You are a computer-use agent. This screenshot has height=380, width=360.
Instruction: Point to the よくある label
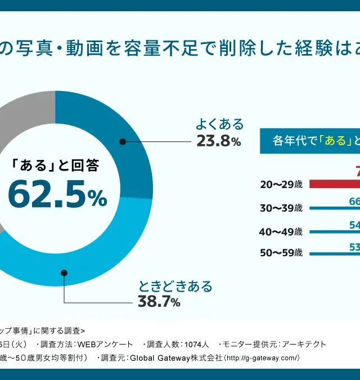tap(219, 124)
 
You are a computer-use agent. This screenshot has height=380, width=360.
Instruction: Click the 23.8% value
tap(219, 141)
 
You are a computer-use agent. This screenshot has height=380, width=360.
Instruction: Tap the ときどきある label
tap(176, 286)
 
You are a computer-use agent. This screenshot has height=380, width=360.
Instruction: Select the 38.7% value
tap(159, 302)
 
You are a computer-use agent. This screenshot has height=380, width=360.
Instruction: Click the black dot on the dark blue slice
tap(122, 141)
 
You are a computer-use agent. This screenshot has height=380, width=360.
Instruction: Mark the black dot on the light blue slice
tap(64, 272)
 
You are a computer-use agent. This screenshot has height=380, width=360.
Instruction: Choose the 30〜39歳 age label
tap(281, 208)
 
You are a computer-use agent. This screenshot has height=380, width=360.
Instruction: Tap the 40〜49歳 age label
tap(281, 231)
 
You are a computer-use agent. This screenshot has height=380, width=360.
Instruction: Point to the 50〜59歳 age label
tap(281, 253)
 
